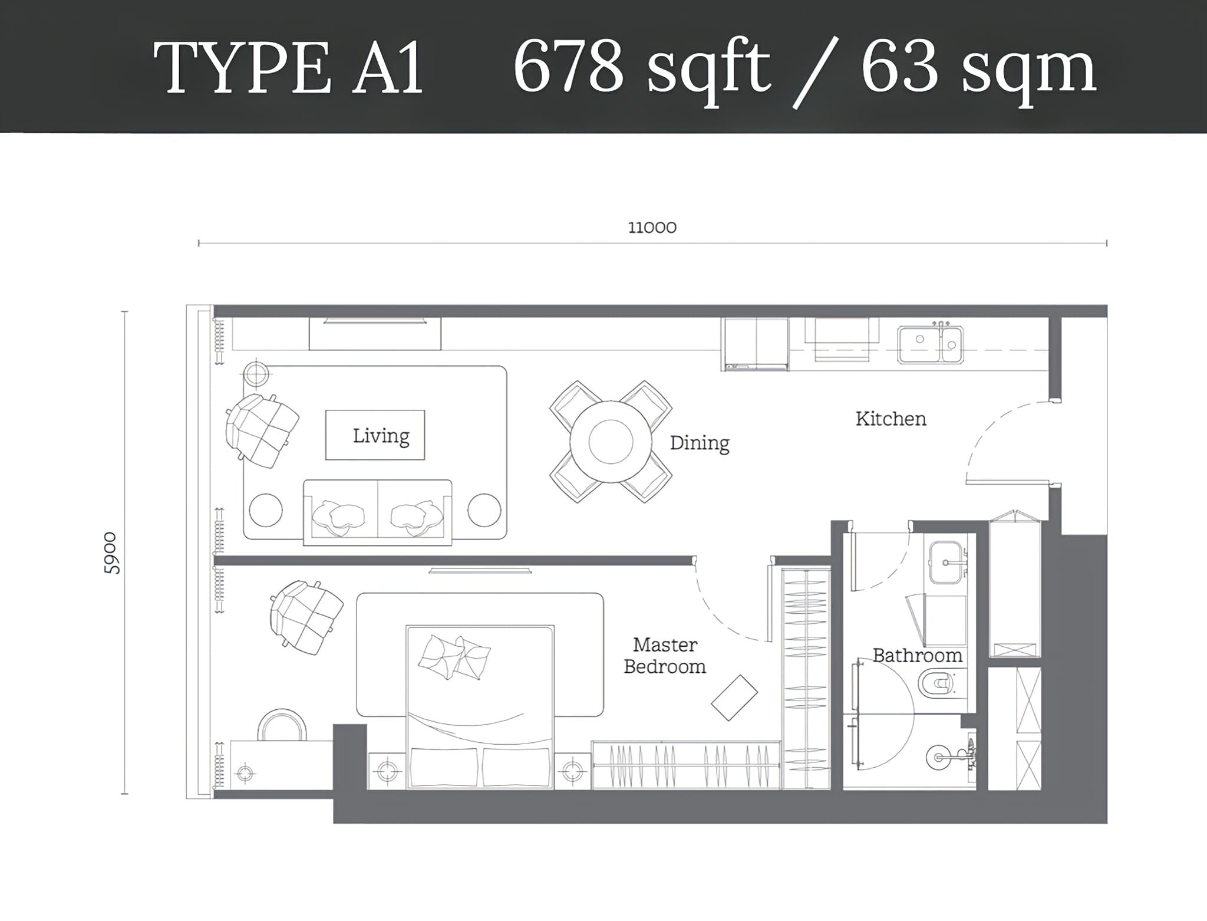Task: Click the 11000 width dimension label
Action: tap(652, 228)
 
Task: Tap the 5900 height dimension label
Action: tap(111, 553)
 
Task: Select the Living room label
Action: tap(381, 436)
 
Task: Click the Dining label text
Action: tap(700, 443)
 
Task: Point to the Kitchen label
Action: tap(891, 419)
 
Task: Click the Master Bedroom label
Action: tap(665, 656)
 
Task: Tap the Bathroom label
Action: tap(917, 656)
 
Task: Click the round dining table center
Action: tap(611, 442)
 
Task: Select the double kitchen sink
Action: tap(930, 345)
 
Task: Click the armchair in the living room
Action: tap(262, 430)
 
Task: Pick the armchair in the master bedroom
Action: tap(306, 617)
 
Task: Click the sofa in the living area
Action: tap(377, 512)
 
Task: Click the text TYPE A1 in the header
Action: tap(288, 68)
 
